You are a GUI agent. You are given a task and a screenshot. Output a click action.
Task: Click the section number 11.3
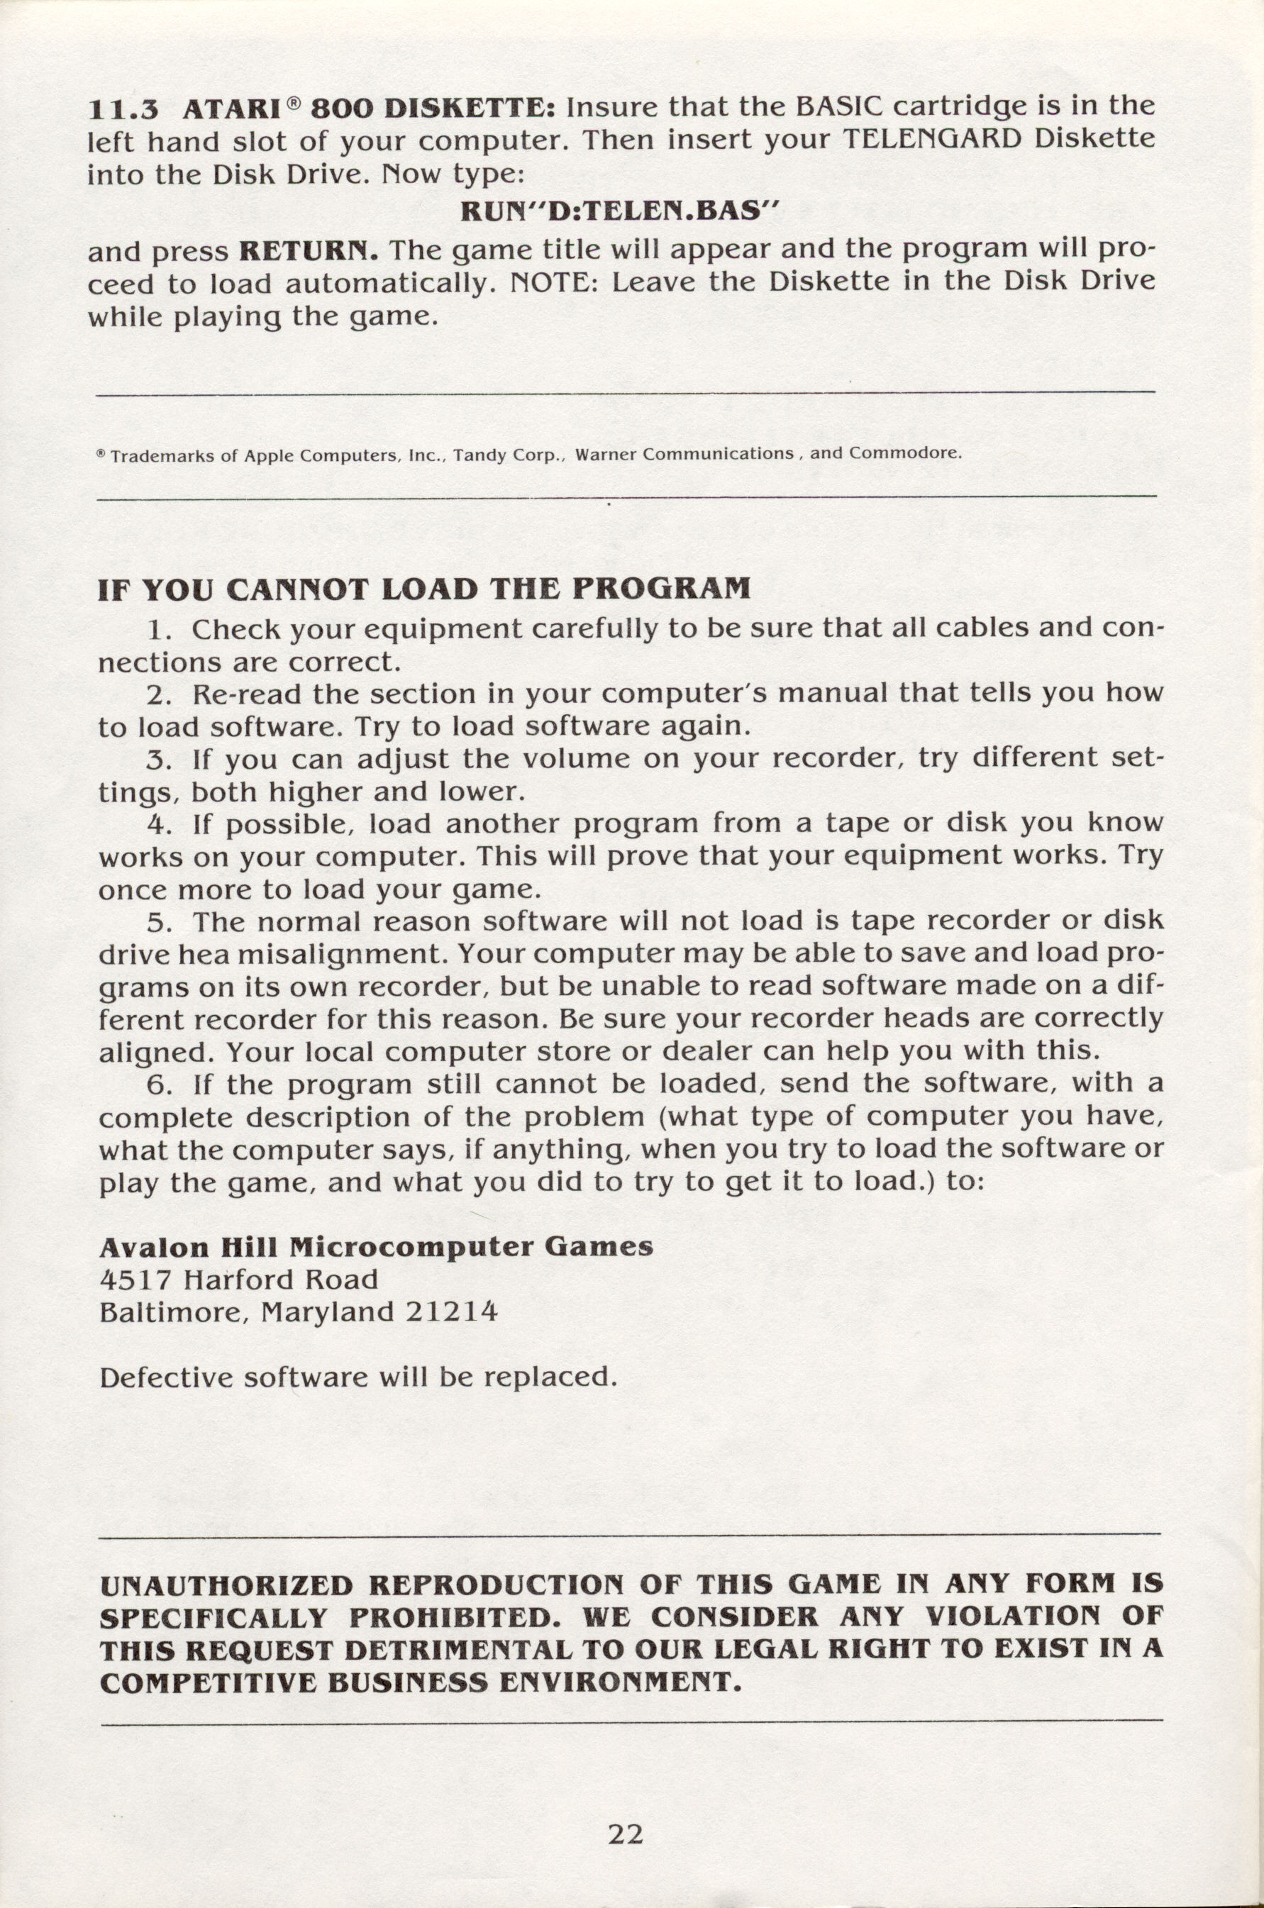[x=123, y=109]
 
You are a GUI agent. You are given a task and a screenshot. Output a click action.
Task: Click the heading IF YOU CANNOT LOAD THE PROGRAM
[x=423, y=589]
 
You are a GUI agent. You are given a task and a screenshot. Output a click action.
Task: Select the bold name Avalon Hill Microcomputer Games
[x=376, y=1247]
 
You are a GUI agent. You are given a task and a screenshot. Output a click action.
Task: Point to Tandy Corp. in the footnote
[x=507, y=455]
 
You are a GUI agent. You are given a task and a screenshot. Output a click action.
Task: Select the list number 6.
[x=159, y=1083]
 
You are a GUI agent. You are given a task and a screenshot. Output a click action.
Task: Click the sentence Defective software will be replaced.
[x=358, y=1377]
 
